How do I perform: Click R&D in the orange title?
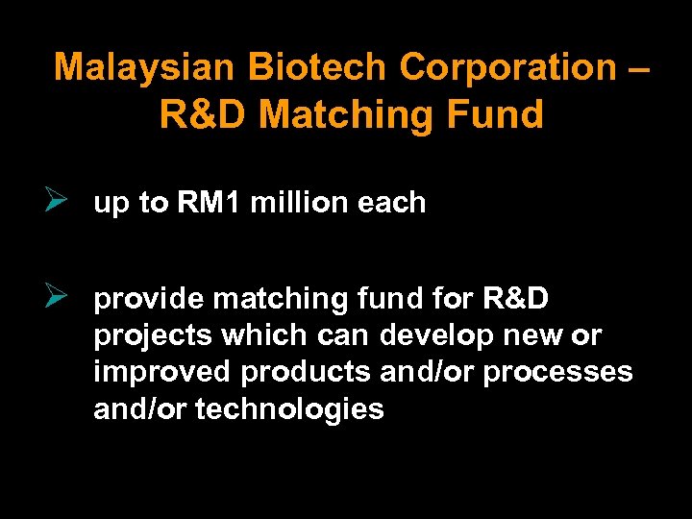205,114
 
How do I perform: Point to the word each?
395,203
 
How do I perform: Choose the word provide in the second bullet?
149,300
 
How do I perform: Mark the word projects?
153,337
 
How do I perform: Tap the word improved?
164,373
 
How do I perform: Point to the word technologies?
289,409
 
